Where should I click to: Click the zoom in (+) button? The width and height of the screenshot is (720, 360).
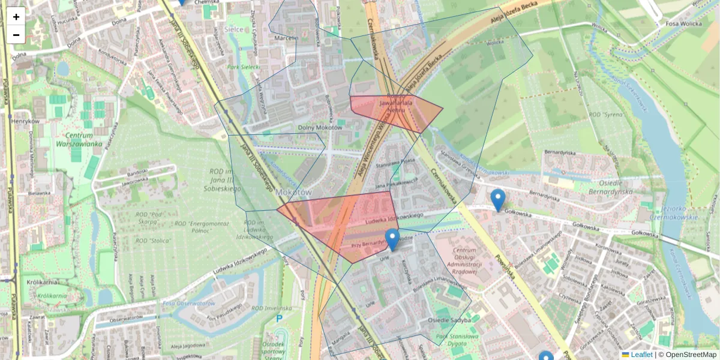pyautogui.click(x=16, y=17)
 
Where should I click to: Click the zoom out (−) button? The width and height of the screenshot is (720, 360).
pyautogui.click(x=16, y=35)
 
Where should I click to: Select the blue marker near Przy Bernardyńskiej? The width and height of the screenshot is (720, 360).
pyautogui.click(x=392, y=239)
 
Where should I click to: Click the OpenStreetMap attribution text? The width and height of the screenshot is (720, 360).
pyautogui.click(x=687, y=355)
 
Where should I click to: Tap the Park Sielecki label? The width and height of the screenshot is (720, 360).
pyautogui.click(x=244, y=67)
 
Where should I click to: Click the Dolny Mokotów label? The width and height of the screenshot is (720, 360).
pyautogui.click(x=320, y=127)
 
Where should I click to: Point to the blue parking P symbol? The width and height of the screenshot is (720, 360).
pyautogui.click(x=278, y=319)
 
